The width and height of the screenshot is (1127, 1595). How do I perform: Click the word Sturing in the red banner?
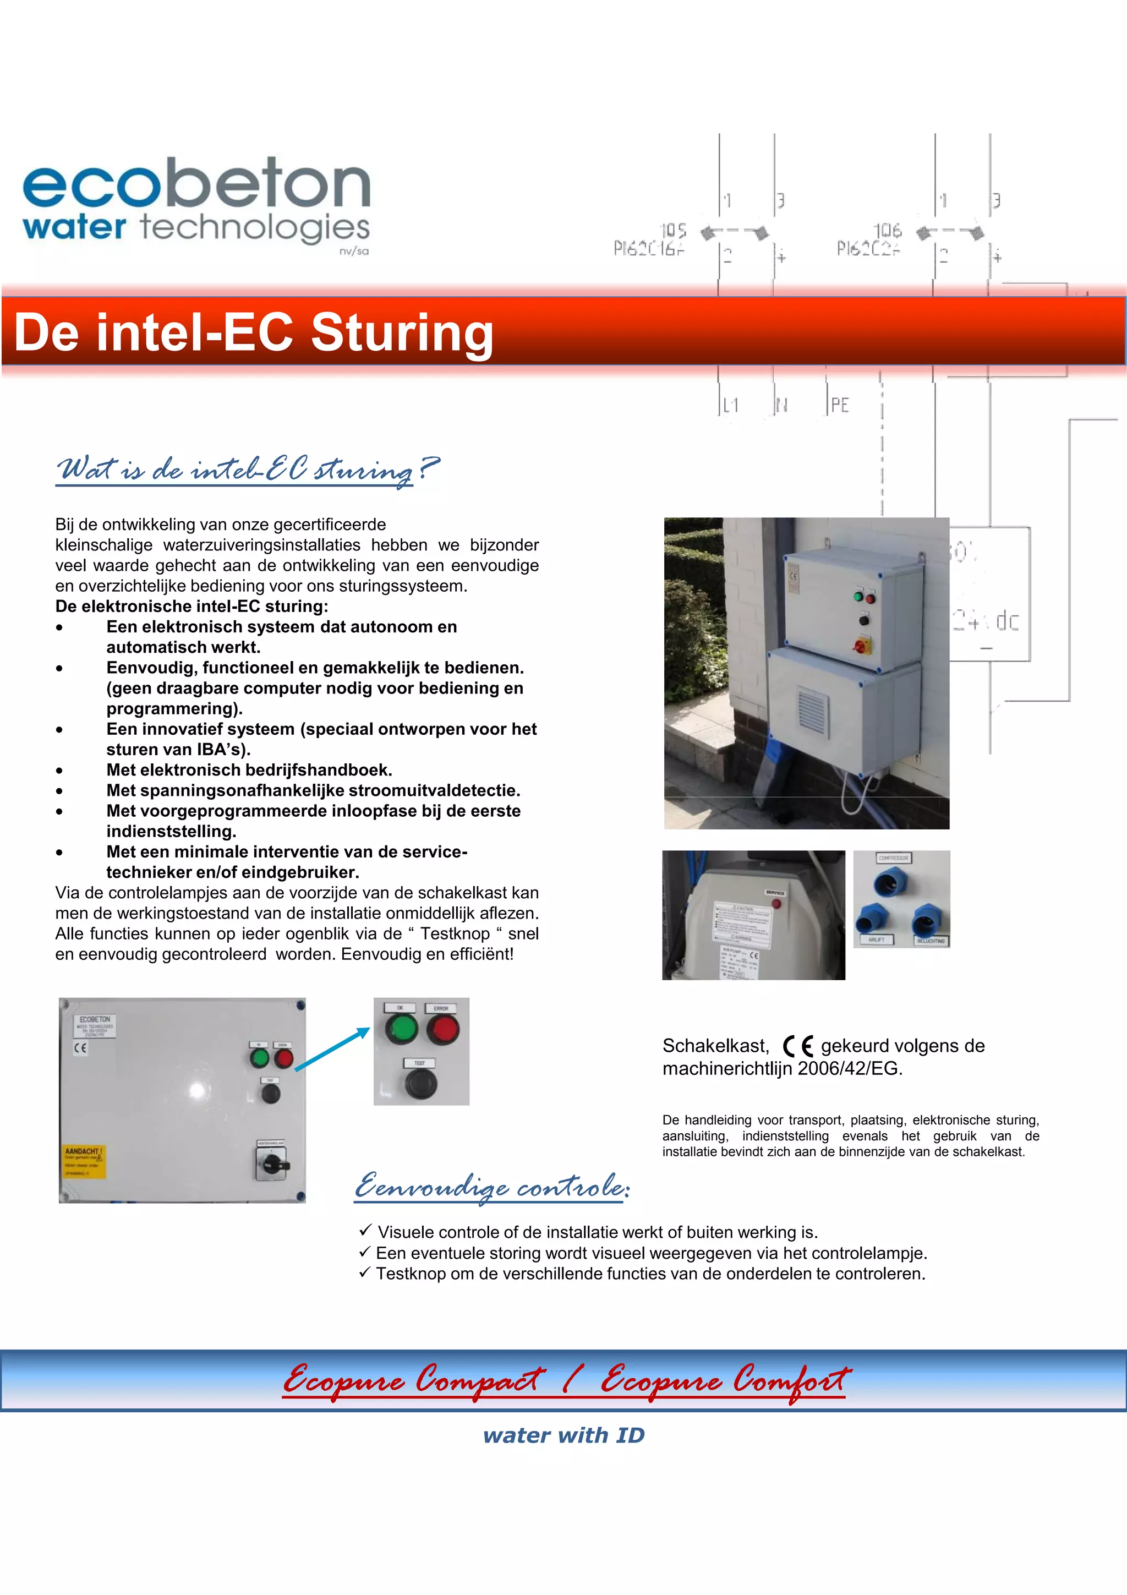[x=402, y=333]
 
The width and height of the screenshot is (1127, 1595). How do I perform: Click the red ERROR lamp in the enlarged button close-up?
[x=442, y=1030]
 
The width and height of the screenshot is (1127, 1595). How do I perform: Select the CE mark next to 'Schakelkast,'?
[x=797, y=1046]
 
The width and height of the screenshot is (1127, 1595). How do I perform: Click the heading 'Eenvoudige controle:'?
[x=491, y=1186]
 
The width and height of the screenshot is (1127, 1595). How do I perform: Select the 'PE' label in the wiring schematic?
[x=840, y=405]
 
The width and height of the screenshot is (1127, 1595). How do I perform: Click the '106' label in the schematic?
[x=887, y=230]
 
